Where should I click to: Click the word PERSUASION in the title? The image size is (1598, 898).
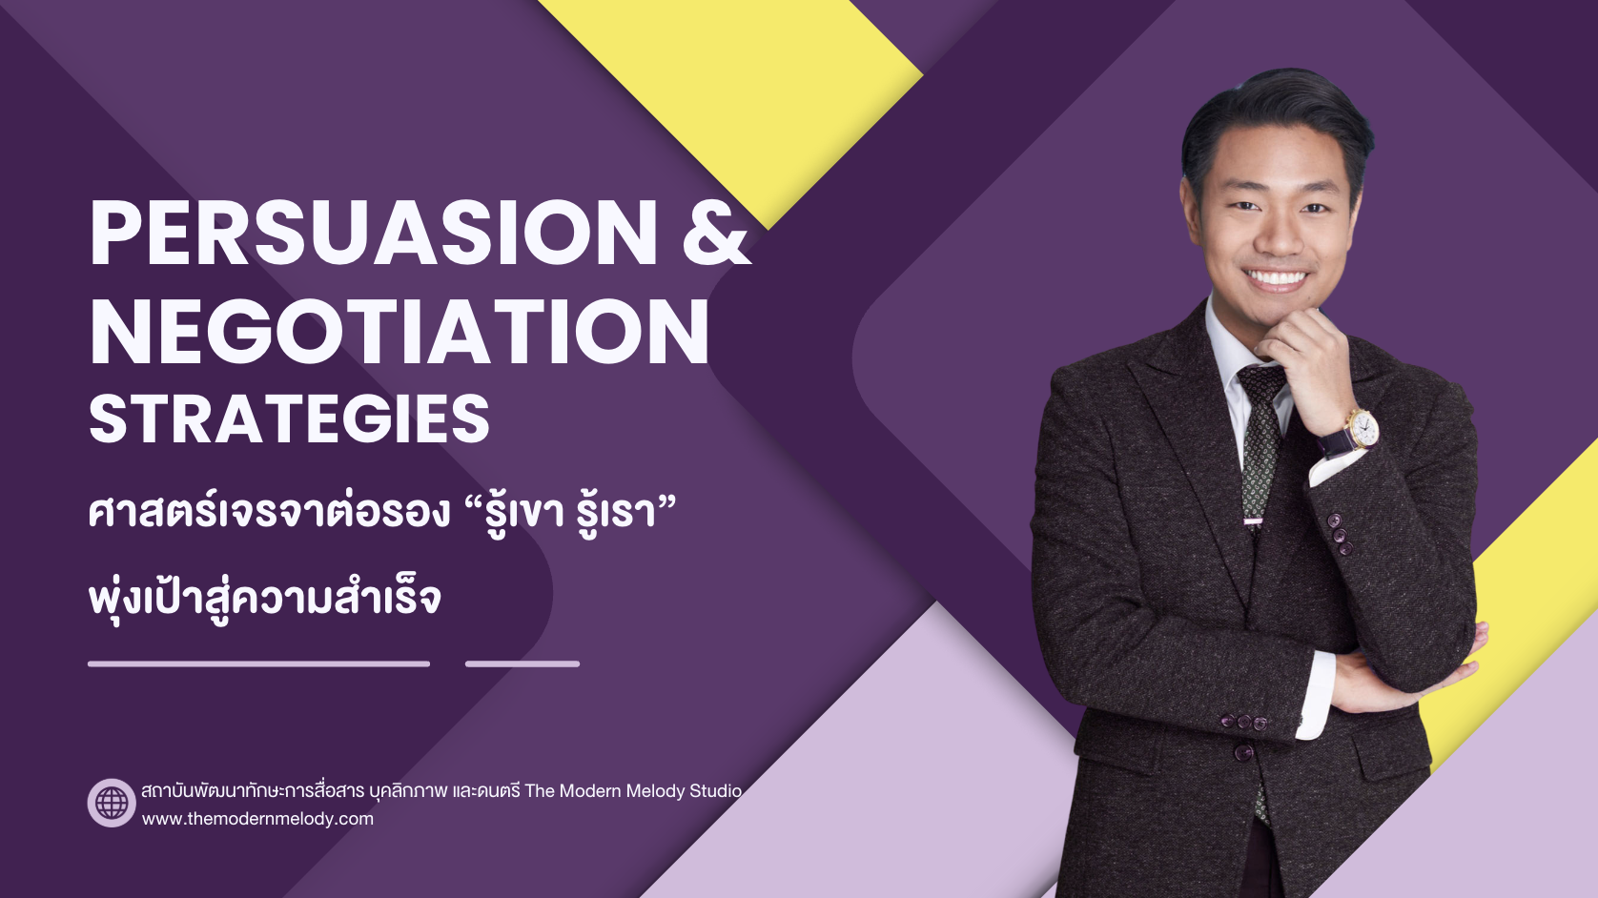[x=373, y=233]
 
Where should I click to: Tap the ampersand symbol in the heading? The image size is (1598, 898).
[x=716, y=233]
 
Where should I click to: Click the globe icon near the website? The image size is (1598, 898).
[x=112, y=803]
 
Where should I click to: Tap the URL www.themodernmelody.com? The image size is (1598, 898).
[x=257, y=818]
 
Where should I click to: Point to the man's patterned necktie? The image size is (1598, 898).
[x=1260, y=442]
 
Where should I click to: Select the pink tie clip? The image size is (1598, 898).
[x=1253, y=521]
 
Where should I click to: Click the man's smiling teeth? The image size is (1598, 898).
[x=1277, y=277]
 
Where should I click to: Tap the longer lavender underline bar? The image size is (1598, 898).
[x=259, y=663]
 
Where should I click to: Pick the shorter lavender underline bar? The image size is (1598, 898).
[x=522, y=663]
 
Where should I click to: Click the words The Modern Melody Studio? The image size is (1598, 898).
[x=633, y=790]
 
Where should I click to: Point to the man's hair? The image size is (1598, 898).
[x=1277, y=117]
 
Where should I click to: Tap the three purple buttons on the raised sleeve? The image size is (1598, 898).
[x=1339, y=535]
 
